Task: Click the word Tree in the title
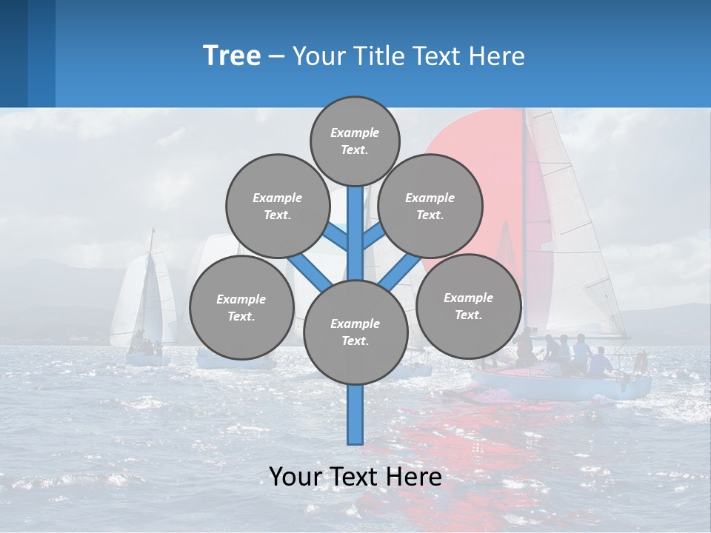pos(232,56)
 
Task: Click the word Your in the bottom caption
pos(296,477)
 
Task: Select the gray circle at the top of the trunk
pos(355,141)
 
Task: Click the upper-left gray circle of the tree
pos(278,206)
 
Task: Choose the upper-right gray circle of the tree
pos(430,206)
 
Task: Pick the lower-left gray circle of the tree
pos(241,307)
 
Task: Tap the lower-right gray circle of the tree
pos(469,306)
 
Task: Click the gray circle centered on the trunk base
pos(355,332)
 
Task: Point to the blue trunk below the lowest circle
pos(355,415)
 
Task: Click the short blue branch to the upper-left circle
pos(338,238)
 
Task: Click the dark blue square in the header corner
pos(13,53)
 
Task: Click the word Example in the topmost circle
pos(355,133)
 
